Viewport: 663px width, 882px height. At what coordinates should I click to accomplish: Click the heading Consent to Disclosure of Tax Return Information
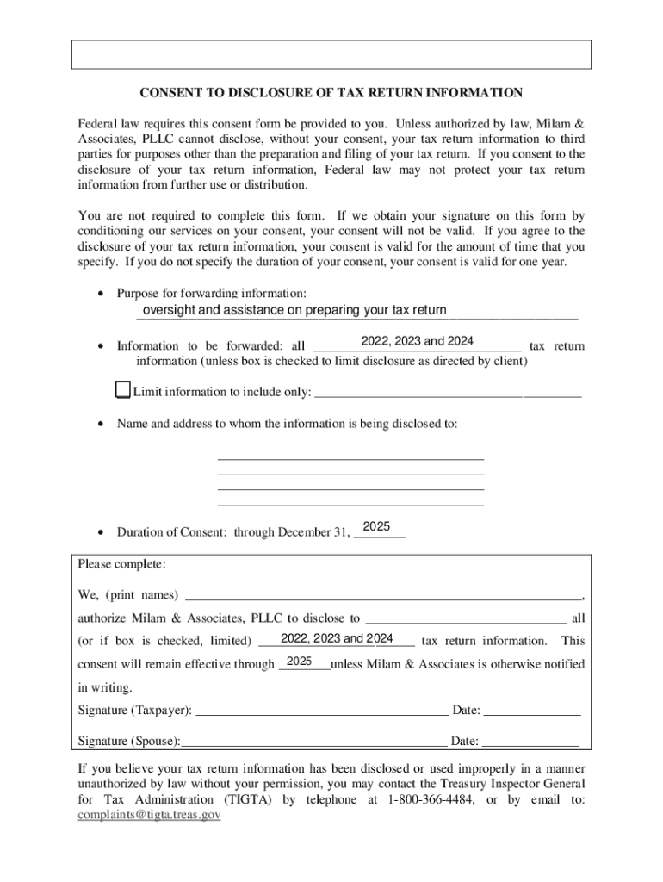[331, 93]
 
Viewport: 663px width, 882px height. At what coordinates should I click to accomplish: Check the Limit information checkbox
[122, 391]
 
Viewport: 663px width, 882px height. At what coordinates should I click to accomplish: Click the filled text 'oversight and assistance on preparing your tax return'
[294, 311]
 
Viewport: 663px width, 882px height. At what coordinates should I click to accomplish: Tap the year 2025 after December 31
[377, 527]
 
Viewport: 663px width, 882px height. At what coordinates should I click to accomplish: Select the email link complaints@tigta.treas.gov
[149, 814]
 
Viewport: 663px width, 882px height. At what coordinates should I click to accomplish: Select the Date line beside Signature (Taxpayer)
[531, 711]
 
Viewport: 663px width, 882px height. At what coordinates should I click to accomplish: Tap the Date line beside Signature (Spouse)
[530, 741]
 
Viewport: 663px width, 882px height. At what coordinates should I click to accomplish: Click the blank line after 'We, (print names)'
[383, 594]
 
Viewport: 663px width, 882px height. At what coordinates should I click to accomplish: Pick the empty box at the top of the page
[331, 54]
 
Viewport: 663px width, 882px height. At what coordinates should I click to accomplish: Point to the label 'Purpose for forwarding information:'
[211, 294]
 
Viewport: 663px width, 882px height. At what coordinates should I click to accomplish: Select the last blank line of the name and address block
[351, 503]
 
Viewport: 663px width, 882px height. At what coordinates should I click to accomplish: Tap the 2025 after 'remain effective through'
[299, 661]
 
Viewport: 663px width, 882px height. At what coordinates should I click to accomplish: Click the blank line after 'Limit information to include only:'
[449, 394]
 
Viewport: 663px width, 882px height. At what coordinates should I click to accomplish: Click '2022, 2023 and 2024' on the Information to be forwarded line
[418, 341]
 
